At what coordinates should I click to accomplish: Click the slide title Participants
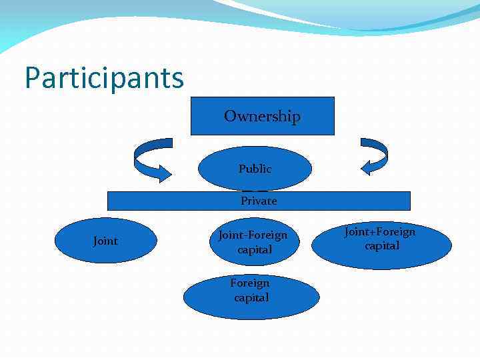click(104, 77)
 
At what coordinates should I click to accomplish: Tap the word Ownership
click(263, 116)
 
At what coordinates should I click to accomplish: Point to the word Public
click(255, 169)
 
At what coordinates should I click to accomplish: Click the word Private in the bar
click(259, 201)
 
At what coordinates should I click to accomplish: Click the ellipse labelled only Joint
click(105, 241)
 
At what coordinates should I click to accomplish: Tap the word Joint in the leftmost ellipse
click(105, 241)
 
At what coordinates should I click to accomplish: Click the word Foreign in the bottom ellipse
click(250, 283)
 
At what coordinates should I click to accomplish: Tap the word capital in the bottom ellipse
click(251, 298)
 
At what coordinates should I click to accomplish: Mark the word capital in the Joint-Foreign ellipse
click(255, 249)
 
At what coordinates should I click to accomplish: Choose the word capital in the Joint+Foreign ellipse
click(382, 245)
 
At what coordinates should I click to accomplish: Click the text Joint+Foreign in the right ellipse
click(380, 231)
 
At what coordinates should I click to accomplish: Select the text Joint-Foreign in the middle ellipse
click(253, 235)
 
